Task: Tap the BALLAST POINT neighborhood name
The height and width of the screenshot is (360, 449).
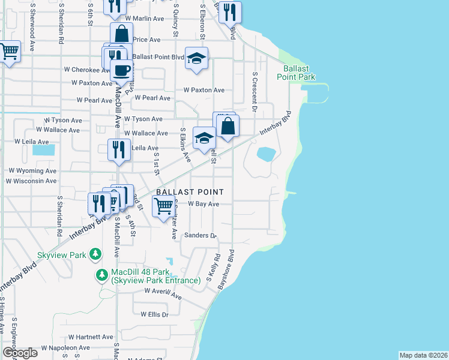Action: tap(190, 192)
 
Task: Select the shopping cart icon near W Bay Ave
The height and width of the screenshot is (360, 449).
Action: tap(164, 207)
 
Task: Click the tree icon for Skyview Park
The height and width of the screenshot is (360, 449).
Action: tap(95, 255)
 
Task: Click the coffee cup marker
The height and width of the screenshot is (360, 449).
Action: tap(121, 70)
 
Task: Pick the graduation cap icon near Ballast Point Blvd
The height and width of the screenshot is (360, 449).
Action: tap(196, 58)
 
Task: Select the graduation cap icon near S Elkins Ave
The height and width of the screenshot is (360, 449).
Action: tap(204, 137)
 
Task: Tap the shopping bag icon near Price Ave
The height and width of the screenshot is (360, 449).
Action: tap(121, 34)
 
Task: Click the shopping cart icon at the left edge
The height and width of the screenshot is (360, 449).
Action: tap(9, 52)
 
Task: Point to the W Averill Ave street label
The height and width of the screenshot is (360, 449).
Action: tap(163, 293)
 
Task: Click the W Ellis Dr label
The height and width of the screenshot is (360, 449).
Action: tap(155, 314)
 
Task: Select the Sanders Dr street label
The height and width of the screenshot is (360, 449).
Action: tap(200, 235)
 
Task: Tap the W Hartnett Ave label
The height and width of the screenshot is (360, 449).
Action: tap(87, 337)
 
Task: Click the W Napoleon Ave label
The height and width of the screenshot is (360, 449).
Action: tap(65, 348)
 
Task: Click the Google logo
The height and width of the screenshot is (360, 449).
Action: tap(20, 353)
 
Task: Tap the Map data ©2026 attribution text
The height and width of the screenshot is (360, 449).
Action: tap(423, 355)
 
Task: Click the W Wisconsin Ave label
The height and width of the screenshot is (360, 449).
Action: tap(32, 181)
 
